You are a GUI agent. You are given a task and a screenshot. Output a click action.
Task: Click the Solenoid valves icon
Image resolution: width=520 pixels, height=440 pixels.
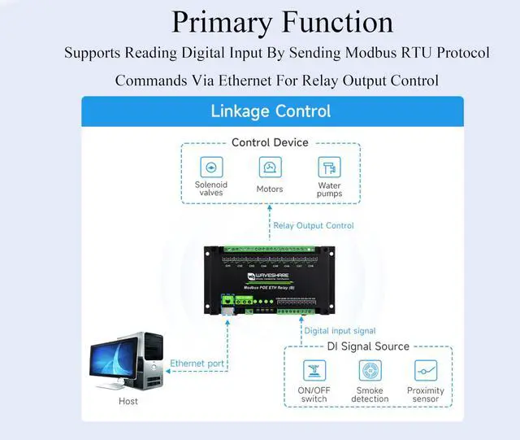[x=211, y=168]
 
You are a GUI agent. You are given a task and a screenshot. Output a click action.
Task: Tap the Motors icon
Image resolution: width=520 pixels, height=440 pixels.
[x=270, y=168]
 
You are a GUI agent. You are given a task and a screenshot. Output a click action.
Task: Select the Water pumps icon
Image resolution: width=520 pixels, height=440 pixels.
[x=329, y=168]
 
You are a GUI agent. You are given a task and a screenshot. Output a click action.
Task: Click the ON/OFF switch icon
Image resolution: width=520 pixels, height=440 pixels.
[x=314, y=371]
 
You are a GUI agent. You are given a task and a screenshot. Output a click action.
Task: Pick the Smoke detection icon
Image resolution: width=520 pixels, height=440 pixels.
[x=370, y=371]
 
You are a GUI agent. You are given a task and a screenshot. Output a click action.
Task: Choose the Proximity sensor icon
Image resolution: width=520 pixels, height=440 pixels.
[x=426, y=371]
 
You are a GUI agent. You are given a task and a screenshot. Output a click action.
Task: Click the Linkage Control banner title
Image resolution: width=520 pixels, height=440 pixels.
[x=271, y=111]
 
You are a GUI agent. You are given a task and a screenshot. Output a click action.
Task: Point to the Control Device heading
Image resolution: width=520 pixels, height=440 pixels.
[x=270, y=142]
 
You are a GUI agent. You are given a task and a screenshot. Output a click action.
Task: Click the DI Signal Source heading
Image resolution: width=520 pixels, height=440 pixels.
[x=369, y=346]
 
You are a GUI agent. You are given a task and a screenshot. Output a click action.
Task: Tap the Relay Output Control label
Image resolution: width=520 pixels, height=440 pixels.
[x=314, y=225]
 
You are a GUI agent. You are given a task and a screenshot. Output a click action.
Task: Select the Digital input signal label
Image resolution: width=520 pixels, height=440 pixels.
[x=340, y=331]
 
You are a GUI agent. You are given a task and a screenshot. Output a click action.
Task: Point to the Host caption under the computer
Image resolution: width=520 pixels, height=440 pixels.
[x=128, y=401]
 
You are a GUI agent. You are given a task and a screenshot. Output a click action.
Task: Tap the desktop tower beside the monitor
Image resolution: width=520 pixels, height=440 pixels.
[x=151, y=358]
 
